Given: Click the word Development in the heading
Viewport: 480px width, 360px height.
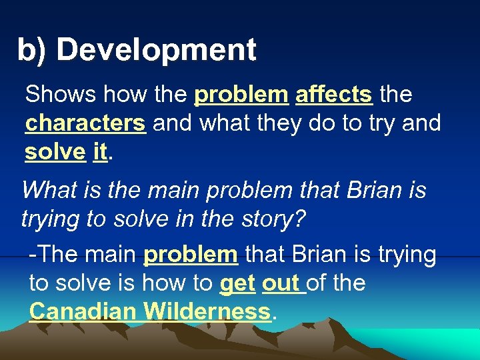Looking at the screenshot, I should pyautogui.click(x=156, y=50).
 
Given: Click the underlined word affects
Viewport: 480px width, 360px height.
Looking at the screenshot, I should pyautogui.click(x=333, y=95).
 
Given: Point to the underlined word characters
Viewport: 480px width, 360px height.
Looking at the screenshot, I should pyautogui.click(x=85, y=123).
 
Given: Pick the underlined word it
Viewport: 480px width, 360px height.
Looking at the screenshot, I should pyautogui.click(x=100, y=152).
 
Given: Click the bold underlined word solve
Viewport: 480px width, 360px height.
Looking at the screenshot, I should pyautogui.click(x=55, y=152).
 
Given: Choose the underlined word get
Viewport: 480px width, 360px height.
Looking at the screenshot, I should pyautogui.click(x=237, y=283).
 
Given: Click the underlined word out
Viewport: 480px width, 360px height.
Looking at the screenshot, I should pyautogui.click(x=281, y=283).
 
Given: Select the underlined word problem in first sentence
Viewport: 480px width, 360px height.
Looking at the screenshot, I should pyautogui.click(x=240, y=95).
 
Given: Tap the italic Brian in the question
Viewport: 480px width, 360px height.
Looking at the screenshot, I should pyautogui.click(x=369, y=191).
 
